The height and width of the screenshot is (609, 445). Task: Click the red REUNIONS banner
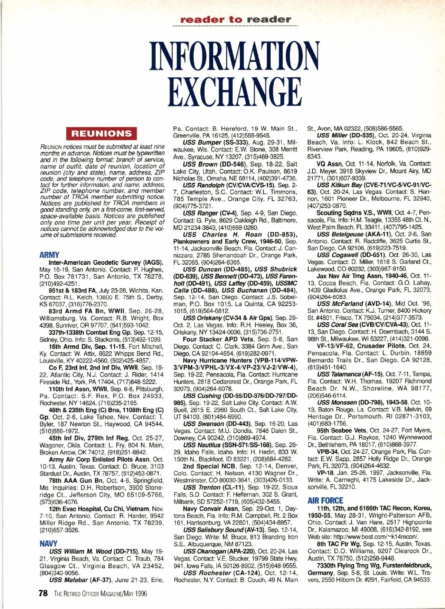click(x=102, y=133)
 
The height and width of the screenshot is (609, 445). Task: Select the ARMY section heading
click(x=49, y=255)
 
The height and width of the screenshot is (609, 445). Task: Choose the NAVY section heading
click(x=49, y=544)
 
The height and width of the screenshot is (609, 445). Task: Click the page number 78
click(x=43, y=593)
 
